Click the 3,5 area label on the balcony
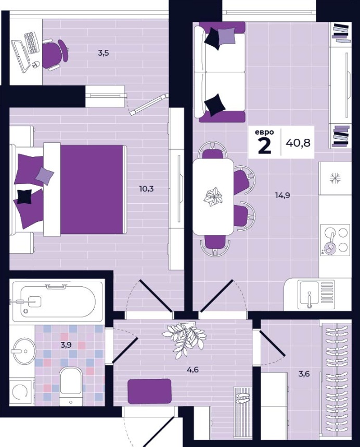[x=103, y=52]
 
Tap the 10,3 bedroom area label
[x=147, y=189]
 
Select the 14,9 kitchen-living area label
[x=282, y=195]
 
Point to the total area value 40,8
[x=298, y=142]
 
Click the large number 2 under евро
[x=264, y=146]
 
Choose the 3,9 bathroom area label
[x=66, y=345]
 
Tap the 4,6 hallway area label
[x=192, y=370]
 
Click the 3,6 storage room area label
[x=304, y=373]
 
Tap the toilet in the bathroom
[x=71, y=387]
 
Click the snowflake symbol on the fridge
[x=335, y=178]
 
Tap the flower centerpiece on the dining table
[x=213, y=196]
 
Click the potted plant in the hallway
[x=184, y=337]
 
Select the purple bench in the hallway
[x=149, y=391]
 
